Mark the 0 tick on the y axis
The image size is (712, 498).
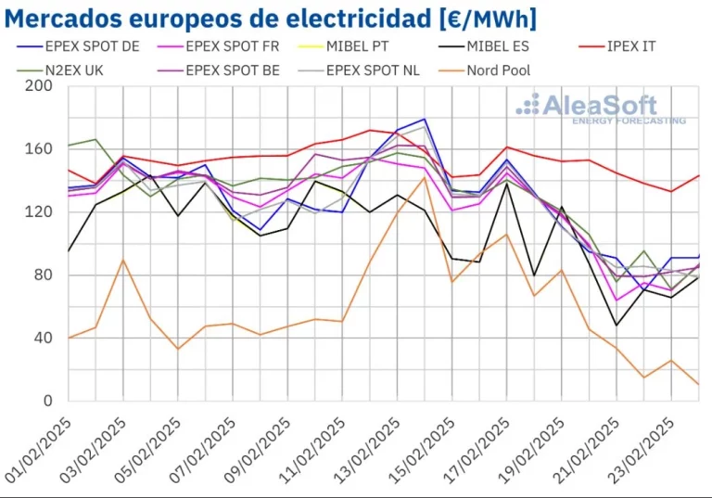click(x=48, y=402)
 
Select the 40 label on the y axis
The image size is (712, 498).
click(x=44, y=338)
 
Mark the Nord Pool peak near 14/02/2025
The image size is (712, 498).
click(x=425, y=177)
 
